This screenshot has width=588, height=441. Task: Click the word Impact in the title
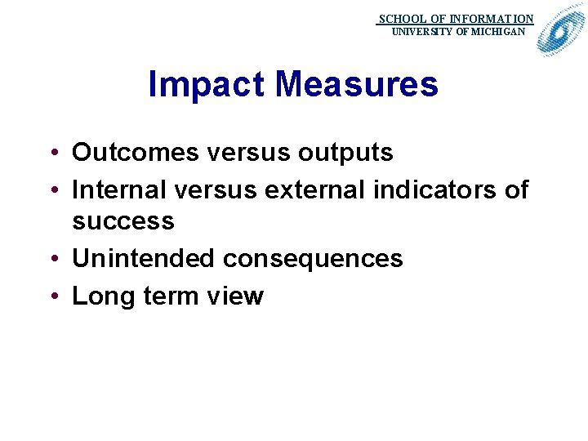207,84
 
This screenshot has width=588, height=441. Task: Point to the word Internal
121,190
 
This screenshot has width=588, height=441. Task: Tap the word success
123,221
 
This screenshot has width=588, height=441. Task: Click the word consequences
313,259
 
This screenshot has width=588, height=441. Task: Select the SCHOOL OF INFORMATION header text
456,18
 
